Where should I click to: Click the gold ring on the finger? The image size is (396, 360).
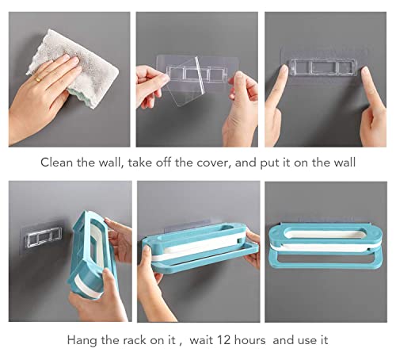click(38, 79)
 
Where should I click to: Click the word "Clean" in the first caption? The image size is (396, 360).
click(56, 163)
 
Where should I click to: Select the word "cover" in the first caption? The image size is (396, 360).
click(212, 163)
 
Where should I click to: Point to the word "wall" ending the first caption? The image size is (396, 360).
click(345, 163)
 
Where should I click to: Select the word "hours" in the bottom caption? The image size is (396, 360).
click(249, 340)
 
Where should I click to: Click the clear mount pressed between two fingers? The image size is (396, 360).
click(324, 67)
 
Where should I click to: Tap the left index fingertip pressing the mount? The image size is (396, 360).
click(284, 69)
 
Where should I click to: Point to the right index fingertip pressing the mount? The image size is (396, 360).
click(365, 71)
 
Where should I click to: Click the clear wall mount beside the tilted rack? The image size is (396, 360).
click(41, 236)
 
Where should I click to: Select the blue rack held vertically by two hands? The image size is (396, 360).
click(91, 254)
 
